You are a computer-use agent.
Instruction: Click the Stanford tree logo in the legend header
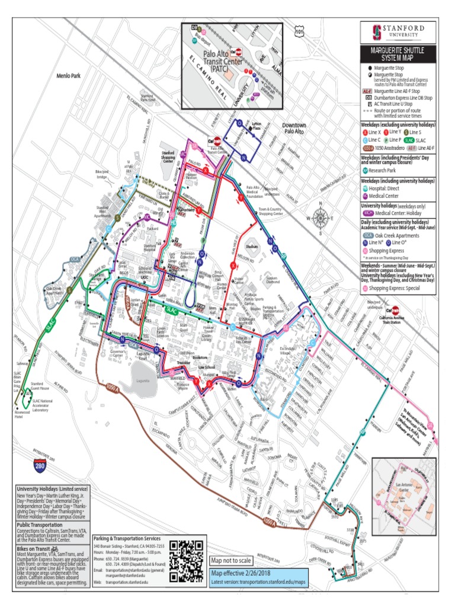coord(374,31)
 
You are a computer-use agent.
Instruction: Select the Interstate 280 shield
coord(40,466)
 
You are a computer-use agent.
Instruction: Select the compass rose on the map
coord(321,216)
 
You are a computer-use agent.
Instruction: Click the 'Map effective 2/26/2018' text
coord(239,573)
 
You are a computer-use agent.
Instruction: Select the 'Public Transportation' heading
coord(40,525)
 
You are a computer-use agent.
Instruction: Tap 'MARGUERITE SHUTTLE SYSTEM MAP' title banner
coord(398,54)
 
